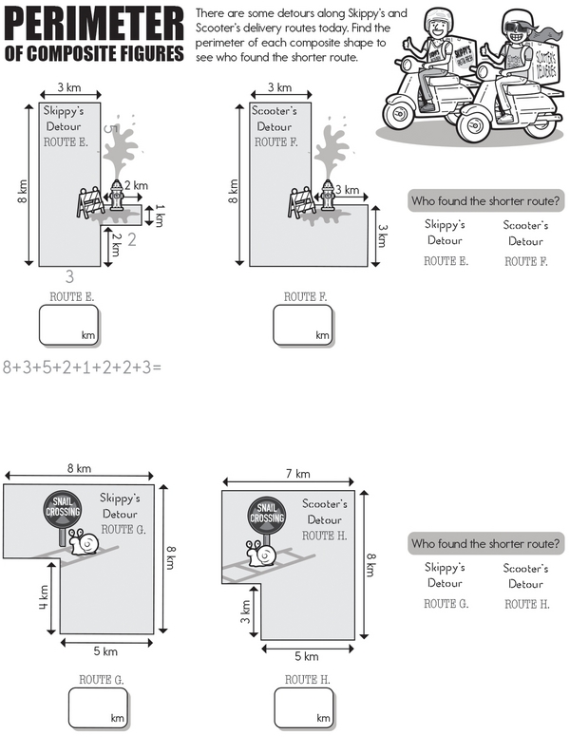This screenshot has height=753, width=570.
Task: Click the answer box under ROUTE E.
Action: point(69,326)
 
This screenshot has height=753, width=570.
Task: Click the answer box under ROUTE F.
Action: point(303,326)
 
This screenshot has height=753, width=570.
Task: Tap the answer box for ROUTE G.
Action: point(99,707)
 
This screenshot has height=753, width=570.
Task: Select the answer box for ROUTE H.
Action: point(304,707)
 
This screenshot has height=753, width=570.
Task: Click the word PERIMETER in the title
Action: point(94,24)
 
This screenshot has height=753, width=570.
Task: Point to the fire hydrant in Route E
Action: point(116,195)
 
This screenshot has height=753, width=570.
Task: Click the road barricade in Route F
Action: point(302,202)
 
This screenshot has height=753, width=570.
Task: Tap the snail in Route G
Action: point(85,541)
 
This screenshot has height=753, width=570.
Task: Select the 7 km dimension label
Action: point(298,474)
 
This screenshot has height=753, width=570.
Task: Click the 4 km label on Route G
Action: point(44,597)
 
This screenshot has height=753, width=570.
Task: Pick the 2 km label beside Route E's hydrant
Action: point(137,185)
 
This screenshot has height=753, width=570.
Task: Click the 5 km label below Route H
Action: point(307,656)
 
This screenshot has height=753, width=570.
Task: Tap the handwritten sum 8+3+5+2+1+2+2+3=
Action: point(83,367)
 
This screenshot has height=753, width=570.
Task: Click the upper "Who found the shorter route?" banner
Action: point(485,200)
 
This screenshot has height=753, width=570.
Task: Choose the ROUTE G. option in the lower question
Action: point(446,604)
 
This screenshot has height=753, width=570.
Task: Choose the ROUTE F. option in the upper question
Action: point(526,261)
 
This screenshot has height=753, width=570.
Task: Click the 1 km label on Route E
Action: point(160,216)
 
